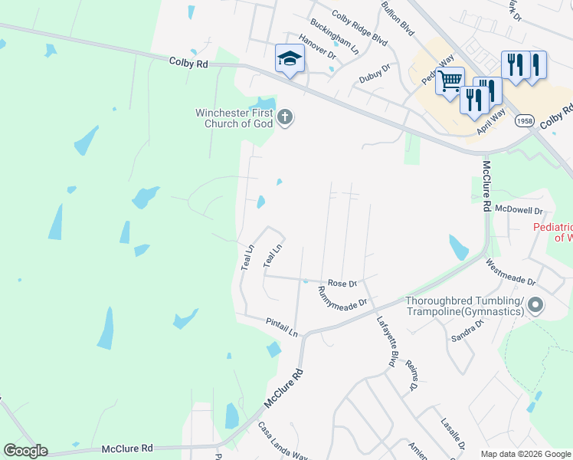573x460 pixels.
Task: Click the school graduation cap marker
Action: [x=289, y=58]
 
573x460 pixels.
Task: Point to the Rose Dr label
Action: [x=342, y=283]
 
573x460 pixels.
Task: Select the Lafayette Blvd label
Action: [x=388, y=341]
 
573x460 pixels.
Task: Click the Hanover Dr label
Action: [x=317, y=48]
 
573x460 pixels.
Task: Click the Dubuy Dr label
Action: [x=375, y=74]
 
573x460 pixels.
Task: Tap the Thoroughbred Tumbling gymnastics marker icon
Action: [x=535, y=305]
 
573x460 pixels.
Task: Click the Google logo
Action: [x=25, y=451]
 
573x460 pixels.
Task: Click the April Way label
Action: [x=491, y=123]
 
